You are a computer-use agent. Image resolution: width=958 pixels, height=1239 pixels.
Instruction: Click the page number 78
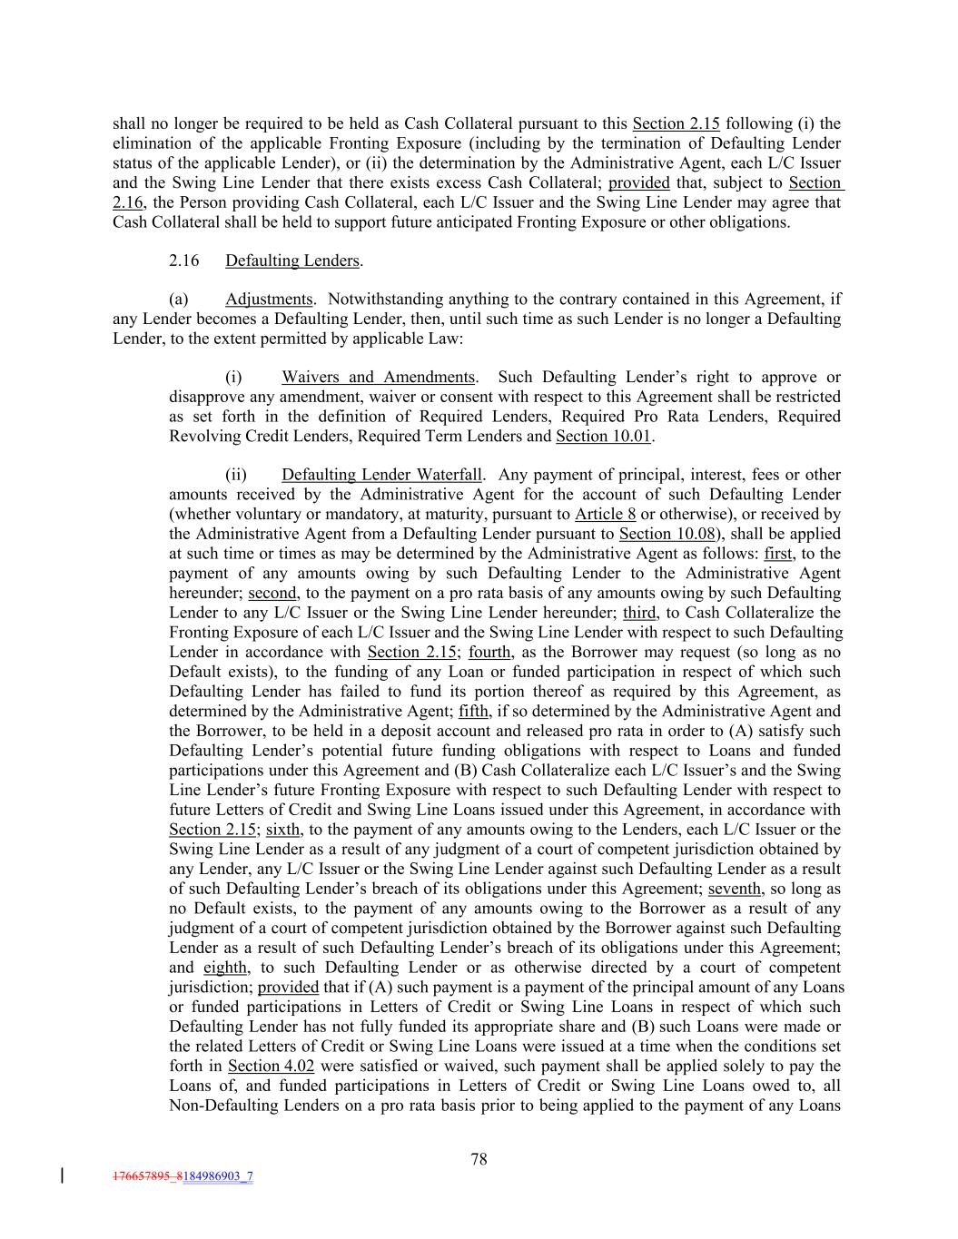coord(479,1158)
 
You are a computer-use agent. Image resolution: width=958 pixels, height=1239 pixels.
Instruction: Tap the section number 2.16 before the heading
coord(183,261)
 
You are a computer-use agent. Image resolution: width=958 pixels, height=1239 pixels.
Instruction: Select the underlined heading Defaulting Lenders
coord(292,261)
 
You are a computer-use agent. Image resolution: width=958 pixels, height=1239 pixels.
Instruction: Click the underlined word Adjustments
coord(269,299)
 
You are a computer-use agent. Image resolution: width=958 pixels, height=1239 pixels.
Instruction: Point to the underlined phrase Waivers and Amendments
coord(378,377)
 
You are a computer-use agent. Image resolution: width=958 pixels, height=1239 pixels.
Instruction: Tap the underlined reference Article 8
coord(605,514)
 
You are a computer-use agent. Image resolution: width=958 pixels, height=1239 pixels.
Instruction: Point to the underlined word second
coord(272,593)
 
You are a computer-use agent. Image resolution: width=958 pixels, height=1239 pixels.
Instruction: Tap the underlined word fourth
coord(490,652)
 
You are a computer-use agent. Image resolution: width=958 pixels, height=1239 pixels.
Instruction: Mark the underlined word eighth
coord(226,967)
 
